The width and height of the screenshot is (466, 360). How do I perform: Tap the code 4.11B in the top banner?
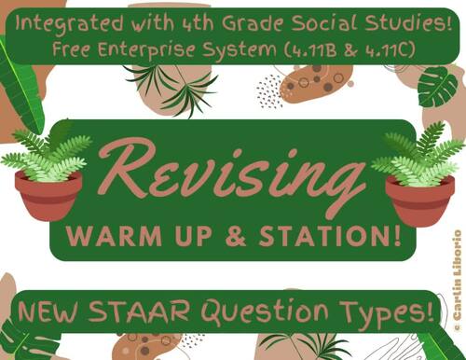click(311, 46)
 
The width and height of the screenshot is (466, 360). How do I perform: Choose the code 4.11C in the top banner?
click(382, 46)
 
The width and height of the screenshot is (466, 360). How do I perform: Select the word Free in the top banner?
click(79, 46)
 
